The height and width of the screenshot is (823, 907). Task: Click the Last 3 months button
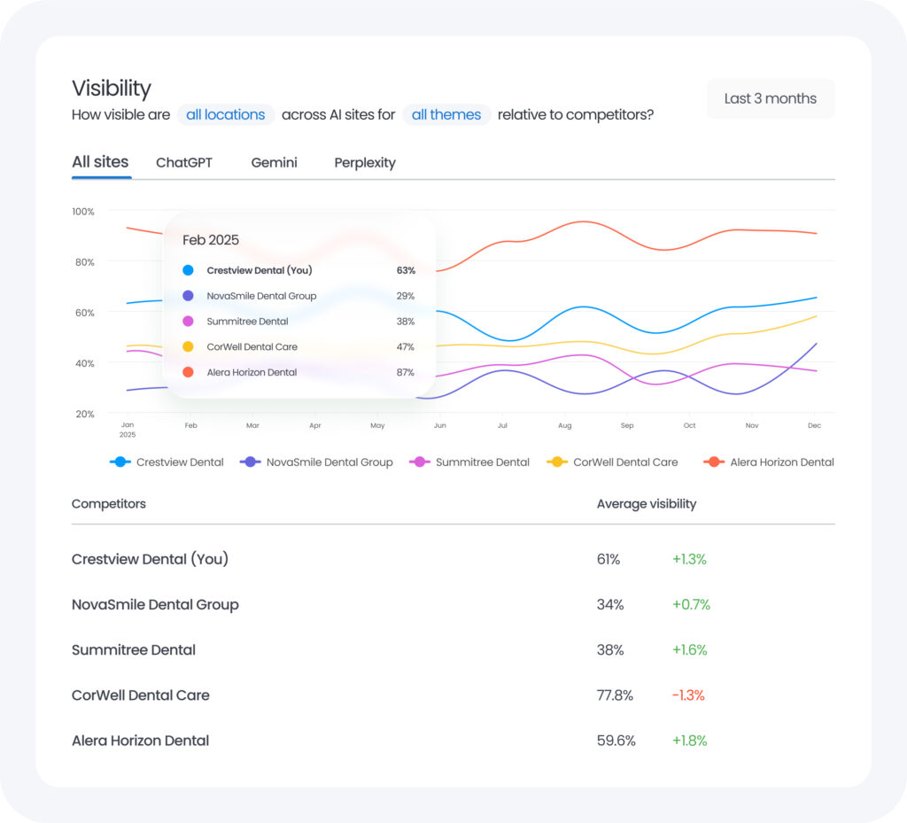click(x=770, y=98)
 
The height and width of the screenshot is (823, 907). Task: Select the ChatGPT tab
click(x=184, y=163)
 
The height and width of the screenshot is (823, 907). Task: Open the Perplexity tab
click(x=365, y=163)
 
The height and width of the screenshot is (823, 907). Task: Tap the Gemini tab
click(x=274, y=163)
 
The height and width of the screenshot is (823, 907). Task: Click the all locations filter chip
click(x=225, y=114)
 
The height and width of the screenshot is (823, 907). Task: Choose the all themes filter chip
click(x=446, y=114)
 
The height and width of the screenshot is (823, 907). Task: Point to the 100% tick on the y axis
click(x=83, y=212)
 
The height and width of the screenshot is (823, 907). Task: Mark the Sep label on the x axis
click(x=627, y=426)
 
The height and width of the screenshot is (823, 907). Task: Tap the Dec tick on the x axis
click(x=814, y=426)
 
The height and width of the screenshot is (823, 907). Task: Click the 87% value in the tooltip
click(x=405, y=373)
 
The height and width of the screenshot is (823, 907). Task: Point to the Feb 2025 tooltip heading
click(x=211, y=240)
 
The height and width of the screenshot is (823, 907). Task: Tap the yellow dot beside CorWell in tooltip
click(x=188, y=347)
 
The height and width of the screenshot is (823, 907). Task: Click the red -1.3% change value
click(x=688, y=695)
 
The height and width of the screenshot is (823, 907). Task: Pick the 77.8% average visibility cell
click(x=615, y=695)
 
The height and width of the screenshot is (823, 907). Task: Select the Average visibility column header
click(x=647, y=504)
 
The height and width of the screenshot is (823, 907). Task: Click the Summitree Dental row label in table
click(x=134, y=650)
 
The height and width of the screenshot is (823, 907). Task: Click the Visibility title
click(x=112, y=89)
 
